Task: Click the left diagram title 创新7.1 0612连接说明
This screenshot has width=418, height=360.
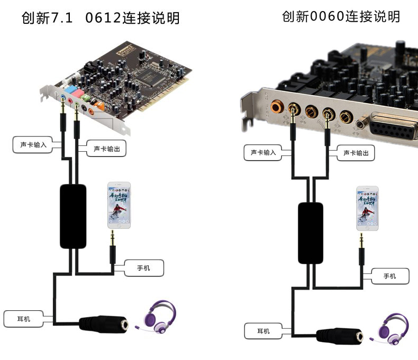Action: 100,19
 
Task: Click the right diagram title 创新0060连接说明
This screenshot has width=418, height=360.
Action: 341,16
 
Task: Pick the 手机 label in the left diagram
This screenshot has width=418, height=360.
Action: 143,268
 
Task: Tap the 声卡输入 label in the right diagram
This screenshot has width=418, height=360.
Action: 263,153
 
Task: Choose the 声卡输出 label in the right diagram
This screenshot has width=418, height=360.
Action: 356,153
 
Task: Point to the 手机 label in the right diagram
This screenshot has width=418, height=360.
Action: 389,276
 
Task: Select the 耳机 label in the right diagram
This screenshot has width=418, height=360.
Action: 263,331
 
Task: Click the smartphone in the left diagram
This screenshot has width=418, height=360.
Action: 119,206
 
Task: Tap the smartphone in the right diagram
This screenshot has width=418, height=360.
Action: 367,208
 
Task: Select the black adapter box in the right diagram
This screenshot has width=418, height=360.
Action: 311,232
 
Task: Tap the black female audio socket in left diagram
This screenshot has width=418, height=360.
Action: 104,324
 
